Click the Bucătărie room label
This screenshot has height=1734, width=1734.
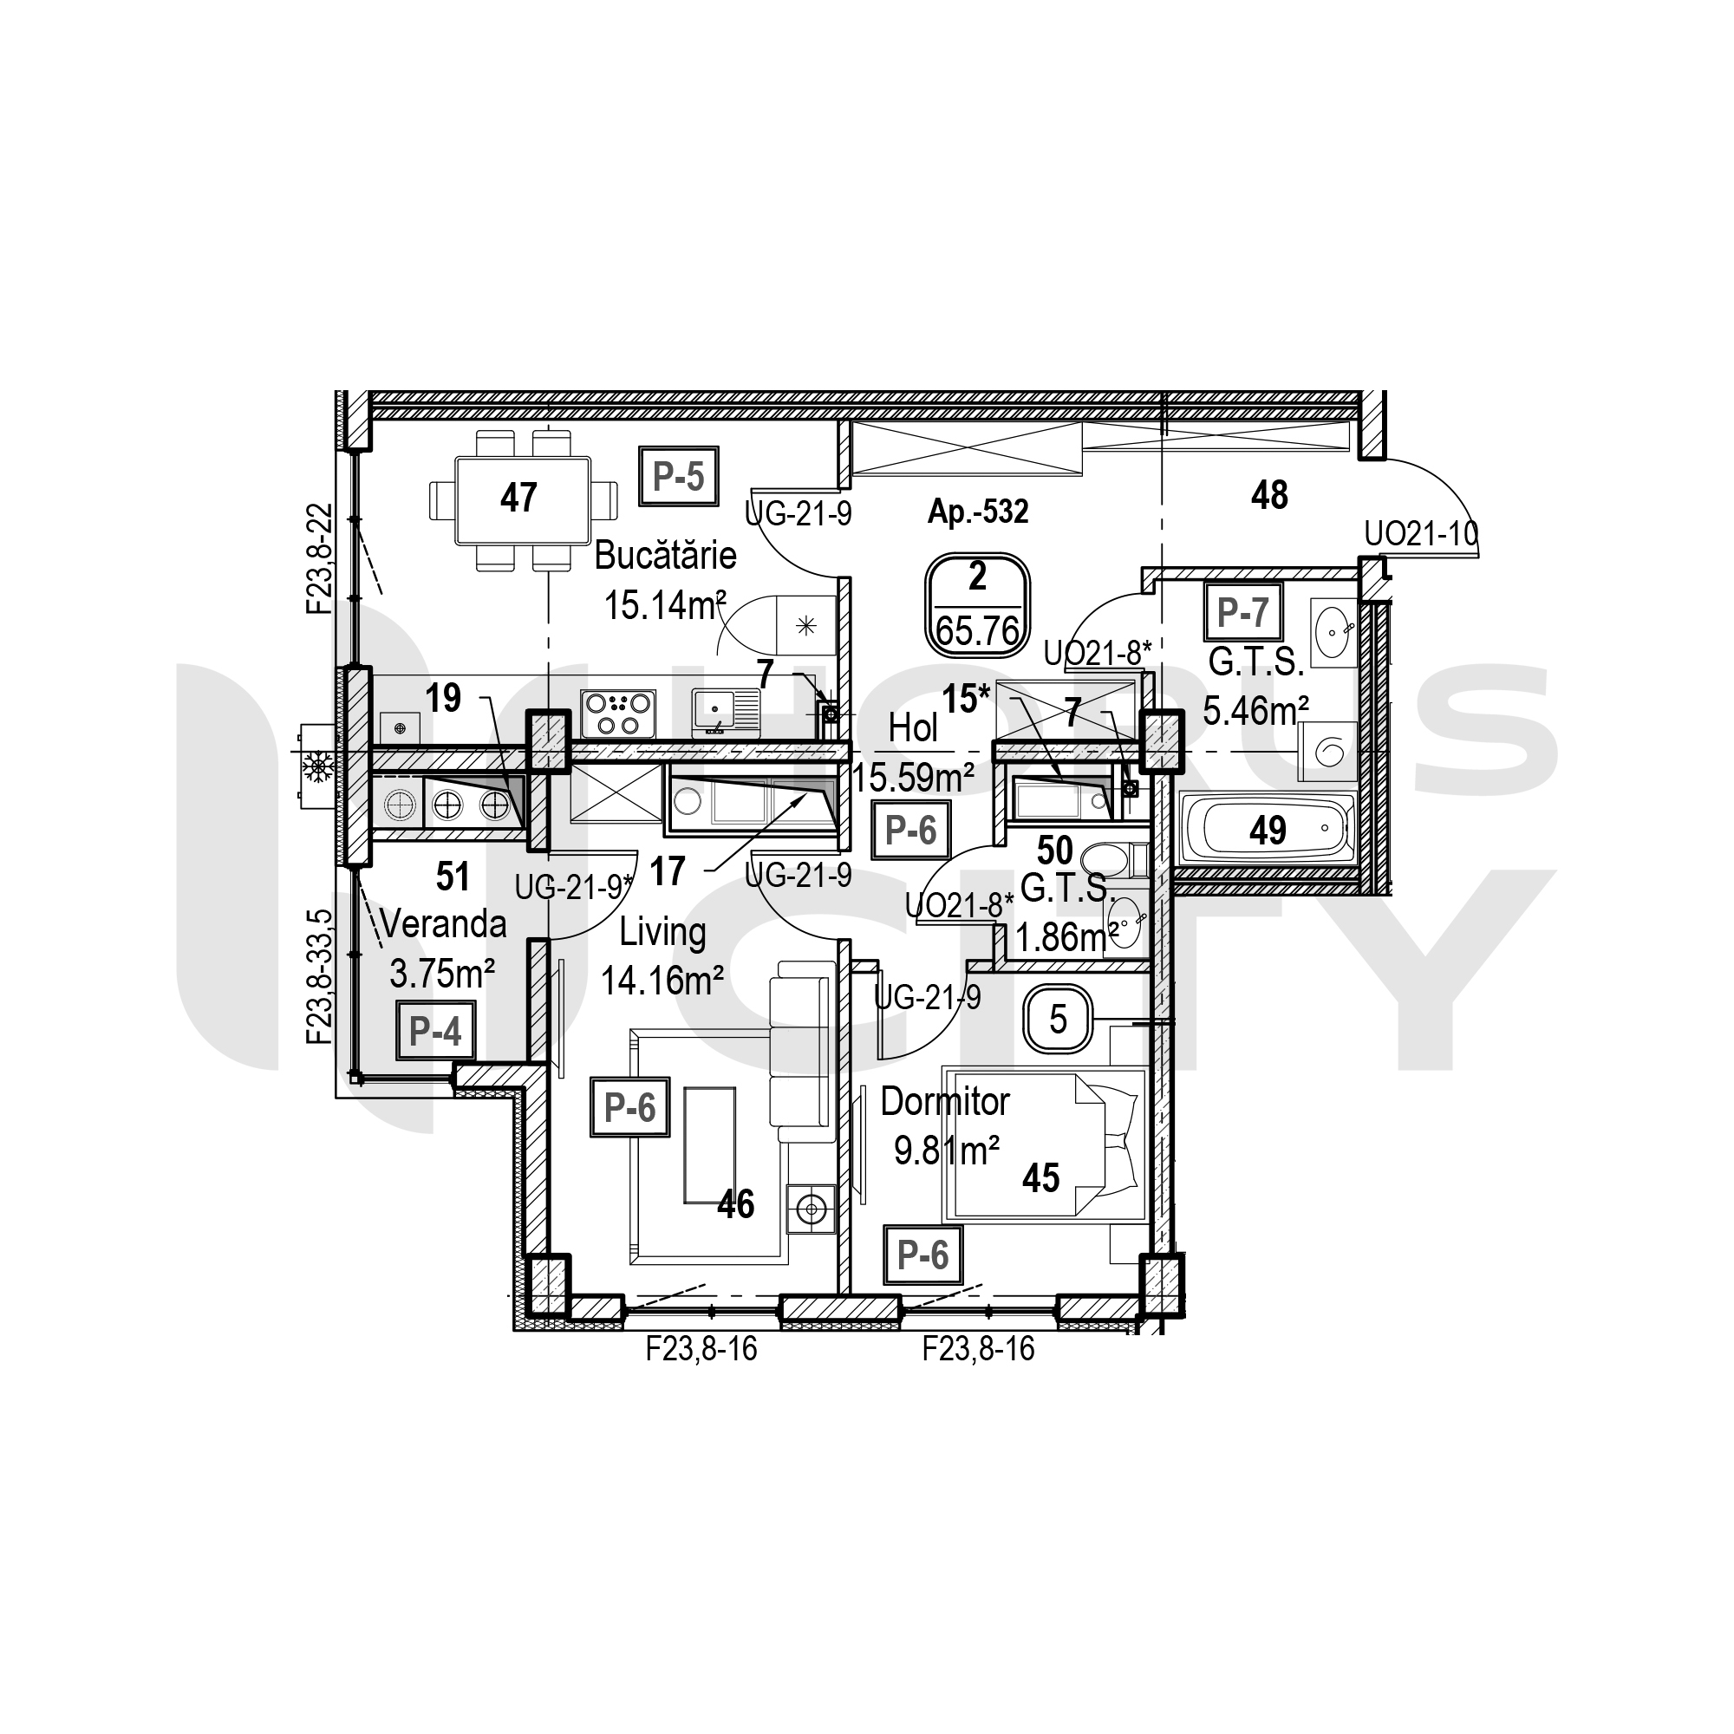tap(665, 556)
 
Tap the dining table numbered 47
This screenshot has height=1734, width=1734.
tap(524, 501)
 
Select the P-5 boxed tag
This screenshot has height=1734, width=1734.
tap(680, 477)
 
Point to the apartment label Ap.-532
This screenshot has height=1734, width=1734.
tap(977, 512)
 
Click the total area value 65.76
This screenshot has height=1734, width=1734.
tap(977, 632)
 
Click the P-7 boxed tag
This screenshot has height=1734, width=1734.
tap(1243, 612)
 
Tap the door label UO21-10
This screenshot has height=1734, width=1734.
tap(1420, 535)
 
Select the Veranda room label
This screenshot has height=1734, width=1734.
tap(443, 924)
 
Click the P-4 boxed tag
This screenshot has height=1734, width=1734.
tap(435, 1032)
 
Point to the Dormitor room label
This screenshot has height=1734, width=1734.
tap(945, 1102)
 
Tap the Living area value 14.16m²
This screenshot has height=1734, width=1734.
tap(662, 980)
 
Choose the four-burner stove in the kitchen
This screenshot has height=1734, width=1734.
tap(617, 714)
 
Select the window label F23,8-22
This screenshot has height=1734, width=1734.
tap(320, 558)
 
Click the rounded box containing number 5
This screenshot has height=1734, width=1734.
tap(1058, 1020)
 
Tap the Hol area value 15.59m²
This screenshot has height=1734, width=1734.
tap(914, 777)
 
